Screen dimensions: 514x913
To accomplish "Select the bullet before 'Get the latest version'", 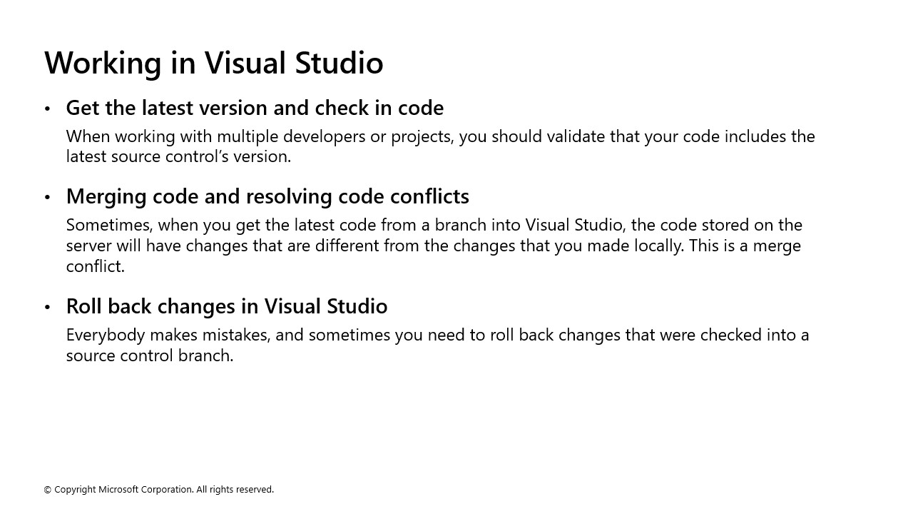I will [x=48, y=109].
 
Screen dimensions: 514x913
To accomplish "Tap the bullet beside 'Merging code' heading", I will [x=48, y=197].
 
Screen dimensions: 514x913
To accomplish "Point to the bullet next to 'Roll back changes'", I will [x=48, y=307].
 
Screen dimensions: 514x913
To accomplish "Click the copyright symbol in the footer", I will [x=48, y=490].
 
